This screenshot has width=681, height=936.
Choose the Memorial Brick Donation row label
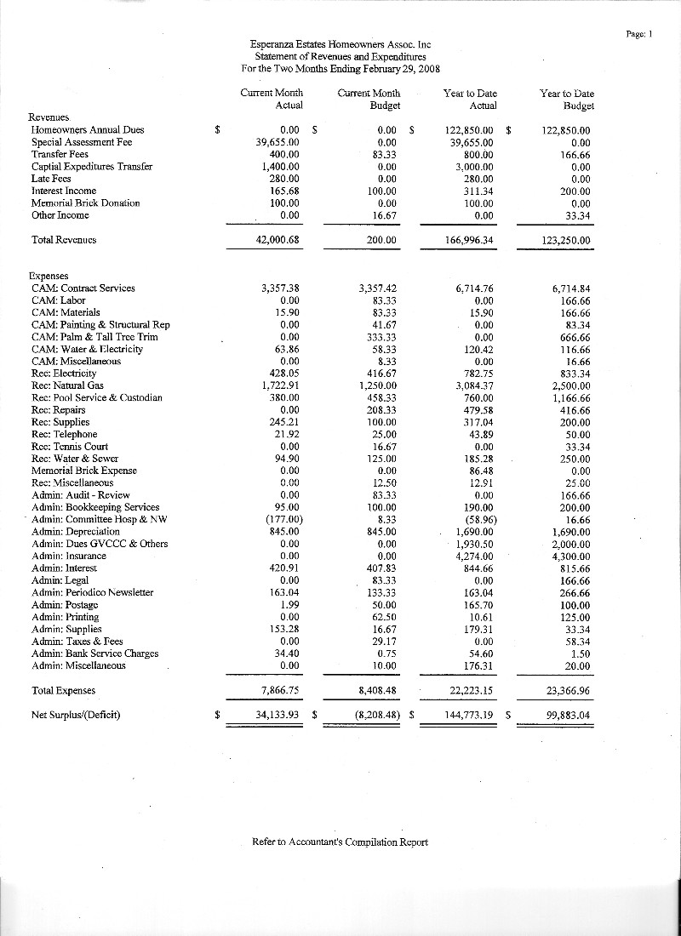click(x=85, y=203)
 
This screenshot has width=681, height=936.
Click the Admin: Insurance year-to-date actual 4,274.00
click(x=476, y=556)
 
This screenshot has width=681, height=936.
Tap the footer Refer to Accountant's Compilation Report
click(x=340, y=842)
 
